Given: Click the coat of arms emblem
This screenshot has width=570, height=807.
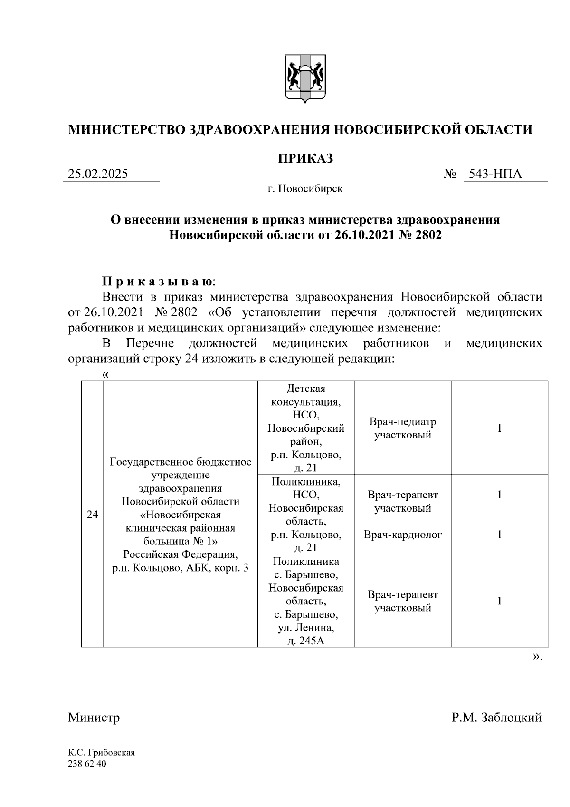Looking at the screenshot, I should click(x=305, y=79).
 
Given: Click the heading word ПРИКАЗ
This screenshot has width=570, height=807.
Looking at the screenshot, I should click(x=305, y=158).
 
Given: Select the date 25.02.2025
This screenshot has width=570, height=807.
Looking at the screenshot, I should click(x=98, y=174).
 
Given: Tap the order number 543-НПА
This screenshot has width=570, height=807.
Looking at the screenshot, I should click(x=495, y=174).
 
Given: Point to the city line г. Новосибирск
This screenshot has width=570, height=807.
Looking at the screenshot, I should click(x=305, y=189).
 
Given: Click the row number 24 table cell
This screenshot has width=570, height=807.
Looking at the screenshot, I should click(x=92, y=514).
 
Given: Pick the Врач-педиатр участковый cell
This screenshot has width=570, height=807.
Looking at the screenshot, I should click(x=402, y=428).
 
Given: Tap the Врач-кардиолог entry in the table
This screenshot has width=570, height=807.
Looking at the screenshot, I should click(x=402, y=535).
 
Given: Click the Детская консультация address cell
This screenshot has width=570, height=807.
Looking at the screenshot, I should click(x=306, y=428).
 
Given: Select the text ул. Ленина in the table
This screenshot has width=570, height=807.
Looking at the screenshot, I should click(x=306, y=628).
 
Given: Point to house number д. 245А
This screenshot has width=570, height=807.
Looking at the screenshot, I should click(x=306, y=641).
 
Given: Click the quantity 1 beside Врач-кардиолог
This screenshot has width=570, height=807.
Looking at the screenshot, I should click(x=500, y=535).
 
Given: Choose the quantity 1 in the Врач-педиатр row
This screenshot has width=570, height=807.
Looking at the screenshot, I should click(x=500, y=428).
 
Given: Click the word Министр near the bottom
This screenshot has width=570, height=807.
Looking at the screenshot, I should click(x=94, y=717).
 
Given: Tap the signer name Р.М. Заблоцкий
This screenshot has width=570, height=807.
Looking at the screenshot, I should click(x=496, y=717).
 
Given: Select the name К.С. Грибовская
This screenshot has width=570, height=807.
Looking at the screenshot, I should click(x=101, y=753).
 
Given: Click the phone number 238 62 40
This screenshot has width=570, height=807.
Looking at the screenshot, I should click(x=87, y=764).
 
